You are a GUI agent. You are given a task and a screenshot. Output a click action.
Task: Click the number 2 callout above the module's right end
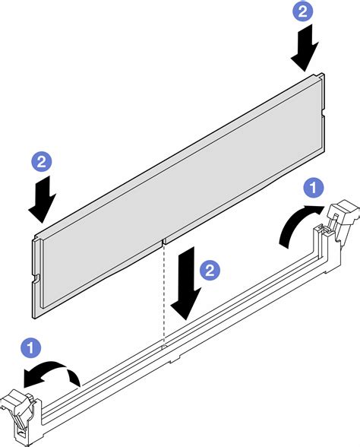pos(303,11)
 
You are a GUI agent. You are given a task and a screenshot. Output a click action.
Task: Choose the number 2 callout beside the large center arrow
pos(210,269)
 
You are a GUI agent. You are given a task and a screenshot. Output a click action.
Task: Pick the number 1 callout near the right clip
pos(312,186)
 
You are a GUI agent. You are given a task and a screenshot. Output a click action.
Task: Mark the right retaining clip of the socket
pos(339,228)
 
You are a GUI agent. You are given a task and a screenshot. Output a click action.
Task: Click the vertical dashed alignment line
pos(164,304)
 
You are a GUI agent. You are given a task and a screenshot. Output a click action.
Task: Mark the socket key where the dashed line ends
pos(165,347)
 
